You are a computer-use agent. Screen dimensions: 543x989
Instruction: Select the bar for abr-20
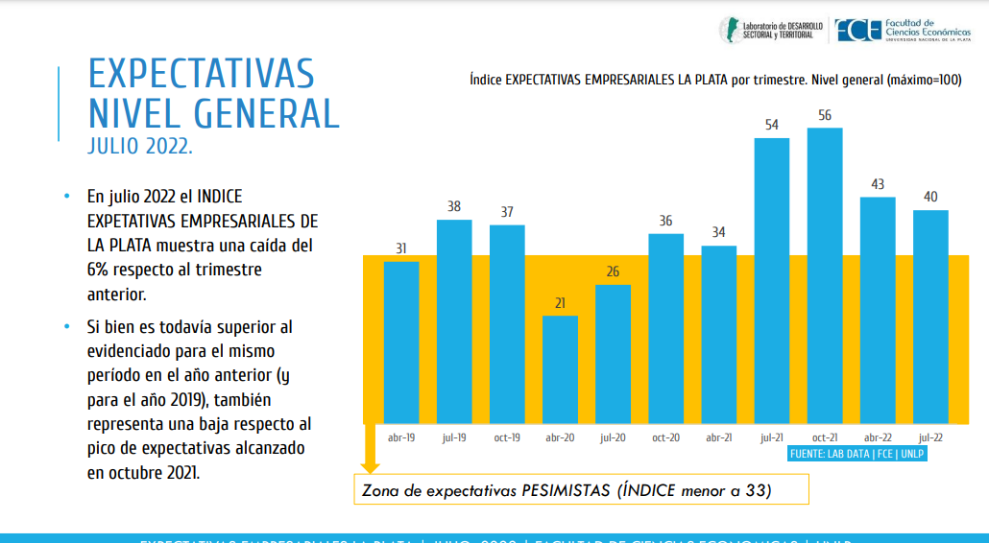(560, 369)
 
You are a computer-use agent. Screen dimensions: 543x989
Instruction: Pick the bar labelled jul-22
(930, 317)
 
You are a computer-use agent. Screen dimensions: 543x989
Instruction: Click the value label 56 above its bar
(825, 115)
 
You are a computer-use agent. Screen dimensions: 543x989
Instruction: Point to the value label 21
(560, 303)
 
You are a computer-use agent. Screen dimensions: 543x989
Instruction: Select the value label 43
(878, 184)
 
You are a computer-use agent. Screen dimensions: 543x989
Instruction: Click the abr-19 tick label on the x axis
(401, 437)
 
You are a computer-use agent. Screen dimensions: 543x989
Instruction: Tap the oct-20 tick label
(665, 437)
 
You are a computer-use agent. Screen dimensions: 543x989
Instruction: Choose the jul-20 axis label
(613, 437)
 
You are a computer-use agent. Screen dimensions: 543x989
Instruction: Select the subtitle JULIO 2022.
(140, 147)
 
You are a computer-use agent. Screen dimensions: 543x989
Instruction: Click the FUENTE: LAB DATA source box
(857, 453)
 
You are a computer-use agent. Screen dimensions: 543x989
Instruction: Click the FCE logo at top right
(857, 31)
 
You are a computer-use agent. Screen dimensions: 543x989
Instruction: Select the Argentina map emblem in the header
(731, 29)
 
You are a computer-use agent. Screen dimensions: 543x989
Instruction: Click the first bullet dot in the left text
(66, 196)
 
